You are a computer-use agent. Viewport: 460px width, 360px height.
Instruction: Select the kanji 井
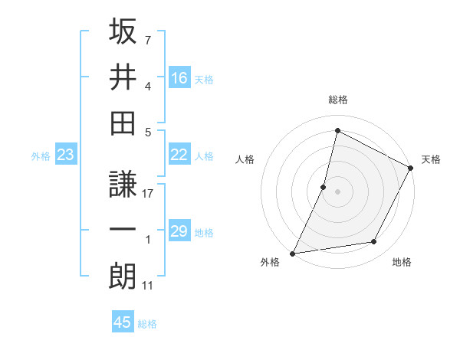[123, 77]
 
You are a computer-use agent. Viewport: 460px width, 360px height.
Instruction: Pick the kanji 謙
[123, 185]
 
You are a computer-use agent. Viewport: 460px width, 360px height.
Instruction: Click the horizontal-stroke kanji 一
[123, 230]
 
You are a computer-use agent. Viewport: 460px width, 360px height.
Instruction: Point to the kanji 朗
[123, 276]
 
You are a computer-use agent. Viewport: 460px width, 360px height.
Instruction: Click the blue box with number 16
[179, 78]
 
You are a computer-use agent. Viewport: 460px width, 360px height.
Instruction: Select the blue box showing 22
[179, 155]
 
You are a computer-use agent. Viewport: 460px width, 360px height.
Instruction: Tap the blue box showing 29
[179, 231]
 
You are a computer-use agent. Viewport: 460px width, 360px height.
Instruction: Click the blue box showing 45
[123, 322]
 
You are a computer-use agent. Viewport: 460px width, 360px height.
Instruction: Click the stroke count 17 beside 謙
[149, 195]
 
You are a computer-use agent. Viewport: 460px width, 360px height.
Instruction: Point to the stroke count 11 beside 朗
[149, 286]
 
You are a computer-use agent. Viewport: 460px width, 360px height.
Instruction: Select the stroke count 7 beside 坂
[148, 39]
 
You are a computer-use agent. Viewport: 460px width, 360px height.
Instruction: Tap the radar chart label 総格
[338, 100]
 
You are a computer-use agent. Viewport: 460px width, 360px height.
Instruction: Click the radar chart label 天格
[432, 160]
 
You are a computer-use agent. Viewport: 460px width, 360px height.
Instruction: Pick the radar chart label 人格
[245, 160]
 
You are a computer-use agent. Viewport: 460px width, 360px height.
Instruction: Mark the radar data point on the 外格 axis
[293, 253]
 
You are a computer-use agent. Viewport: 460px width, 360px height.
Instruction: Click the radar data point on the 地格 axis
[374, 242]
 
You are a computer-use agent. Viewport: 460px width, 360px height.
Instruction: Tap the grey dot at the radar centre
[338, 191]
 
